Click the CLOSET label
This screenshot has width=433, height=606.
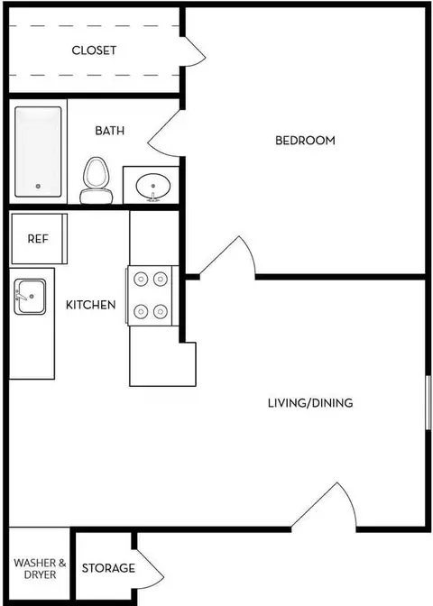tap(94, 50)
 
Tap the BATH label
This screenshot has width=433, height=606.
tap(110, 131)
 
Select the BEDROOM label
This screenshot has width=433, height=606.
tap(305, 140)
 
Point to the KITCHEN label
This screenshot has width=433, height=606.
tap(90, 305)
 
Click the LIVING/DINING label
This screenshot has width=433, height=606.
tap(310, 403)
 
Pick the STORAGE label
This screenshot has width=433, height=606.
tap(108, 568)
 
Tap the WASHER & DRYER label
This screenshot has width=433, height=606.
tap(40, 568)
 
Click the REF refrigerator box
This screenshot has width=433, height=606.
tap(39, 239)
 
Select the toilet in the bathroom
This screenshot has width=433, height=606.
tap(96, 180)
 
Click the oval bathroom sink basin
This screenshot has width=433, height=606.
tap(153, 187)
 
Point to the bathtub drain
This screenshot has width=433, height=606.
tap(38, 187)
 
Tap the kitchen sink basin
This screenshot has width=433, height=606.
tap(30, 297)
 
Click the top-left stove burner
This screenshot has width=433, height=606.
tap(141, 279)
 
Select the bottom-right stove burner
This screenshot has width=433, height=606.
tap(161, 311)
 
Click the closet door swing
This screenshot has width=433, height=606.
tap(193, 51)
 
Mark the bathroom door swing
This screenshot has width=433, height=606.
tap(163, 134)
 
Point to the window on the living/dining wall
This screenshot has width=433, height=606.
tap(428, 402)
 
